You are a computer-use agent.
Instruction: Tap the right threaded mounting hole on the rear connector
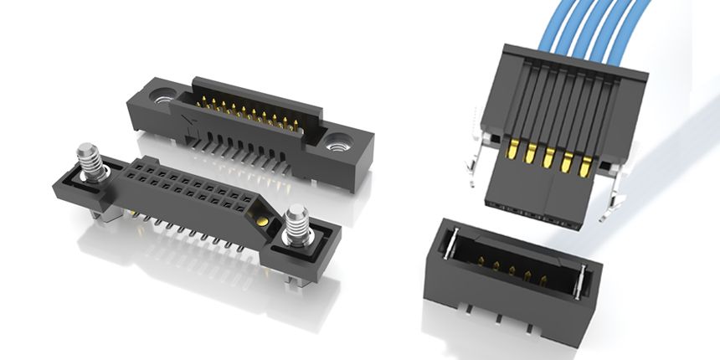point(340,141)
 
